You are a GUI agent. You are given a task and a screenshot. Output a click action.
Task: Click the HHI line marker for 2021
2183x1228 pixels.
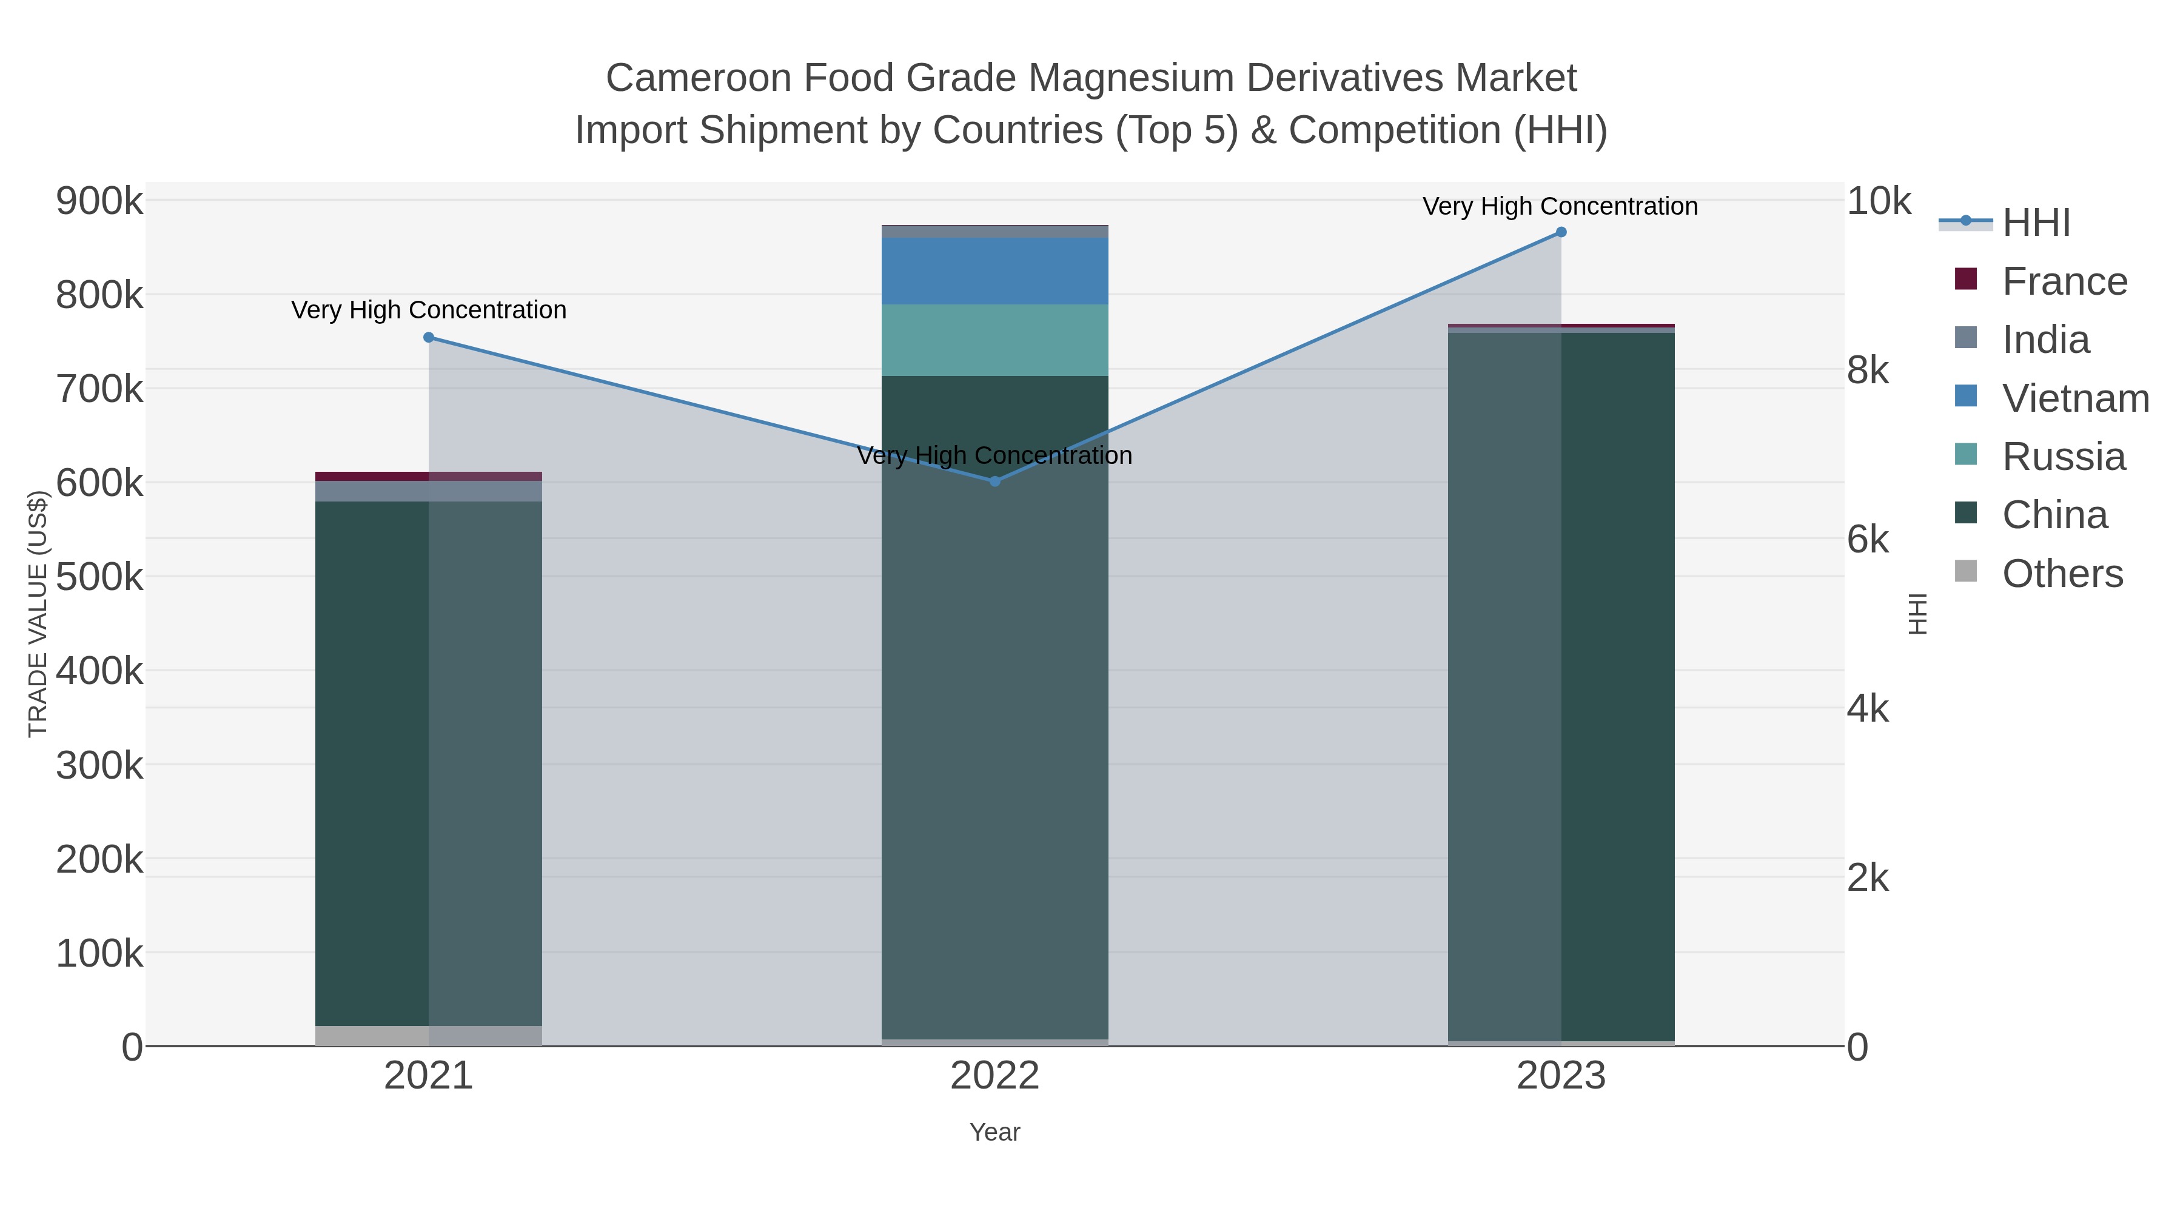(429, 337)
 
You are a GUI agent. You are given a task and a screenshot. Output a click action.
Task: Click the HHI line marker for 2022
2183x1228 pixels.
(995, 481)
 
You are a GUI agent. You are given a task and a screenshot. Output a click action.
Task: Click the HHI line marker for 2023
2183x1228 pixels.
(1561, 232)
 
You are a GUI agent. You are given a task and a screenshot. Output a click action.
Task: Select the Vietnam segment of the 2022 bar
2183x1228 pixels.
(995, 271)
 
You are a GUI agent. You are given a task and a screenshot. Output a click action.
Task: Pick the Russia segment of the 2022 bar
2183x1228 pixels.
(995, 340)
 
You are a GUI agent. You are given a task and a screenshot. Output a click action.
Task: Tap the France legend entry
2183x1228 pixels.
(2064, 281)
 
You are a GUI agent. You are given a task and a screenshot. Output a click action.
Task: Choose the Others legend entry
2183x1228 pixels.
(2062, 574)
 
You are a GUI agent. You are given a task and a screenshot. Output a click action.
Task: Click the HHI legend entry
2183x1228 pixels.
(2036, 223)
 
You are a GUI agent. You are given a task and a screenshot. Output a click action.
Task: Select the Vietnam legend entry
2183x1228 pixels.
(2074, 398)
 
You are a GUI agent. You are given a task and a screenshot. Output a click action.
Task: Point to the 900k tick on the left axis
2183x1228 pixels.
(99, 202)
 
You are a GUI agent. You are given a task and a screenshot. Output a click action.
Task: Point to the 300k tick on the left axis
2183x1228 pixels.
(99, 765)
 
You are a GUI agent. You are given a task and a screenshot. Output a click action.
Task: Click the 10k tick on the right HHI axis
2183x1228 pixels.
(1879, 202)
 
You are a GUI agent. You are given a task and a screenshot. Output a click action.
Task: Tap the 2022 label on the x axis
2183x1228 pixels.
(995, 1076)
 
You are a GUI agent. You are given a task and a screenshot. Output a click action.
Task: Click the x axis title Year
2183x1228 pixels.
(995, 1132)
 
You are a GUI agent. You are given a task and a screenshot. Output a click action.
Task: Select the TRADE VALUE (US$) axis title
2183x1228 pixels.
(38, 614)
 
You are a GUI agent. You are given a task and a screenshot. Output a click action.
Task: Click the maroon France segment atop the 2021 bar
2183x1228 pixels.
(429, 476)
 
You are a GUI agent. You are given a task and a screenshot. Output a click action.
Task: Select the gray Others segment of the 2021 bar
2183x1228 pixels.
(429, 1036)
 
